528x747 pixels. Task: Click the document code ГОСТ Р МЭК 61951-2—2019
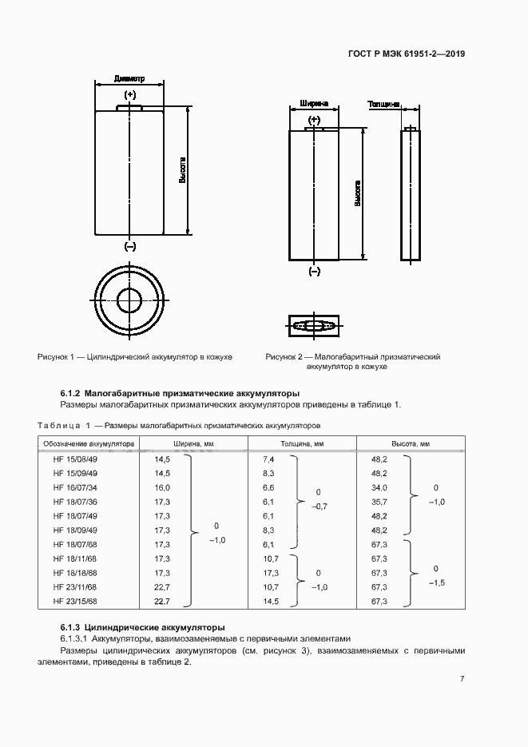407,54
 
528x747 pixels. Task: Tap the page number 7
462,678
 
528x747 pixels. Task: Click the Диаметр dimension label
129,79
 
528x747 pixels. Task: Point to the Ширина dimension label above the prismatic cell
313,104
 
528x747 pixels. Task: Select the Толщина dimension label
383,104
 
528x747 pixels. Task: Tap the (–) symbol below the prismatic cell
314,272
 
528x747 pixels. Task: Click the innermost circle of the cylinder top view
129,300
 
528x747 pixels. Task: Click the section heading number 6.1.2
71,393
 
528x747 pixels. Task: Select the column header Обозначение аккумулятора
89,443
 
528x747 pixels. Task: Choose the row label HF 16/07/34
75,487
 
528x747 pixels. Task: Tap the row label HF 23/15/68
75,601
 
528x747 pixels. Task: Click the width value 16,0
162,487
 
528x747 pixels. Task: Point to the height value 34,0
379,487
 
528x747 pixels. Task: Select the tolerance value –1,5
436,583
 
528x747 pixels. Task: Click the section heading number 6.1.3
71,627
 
